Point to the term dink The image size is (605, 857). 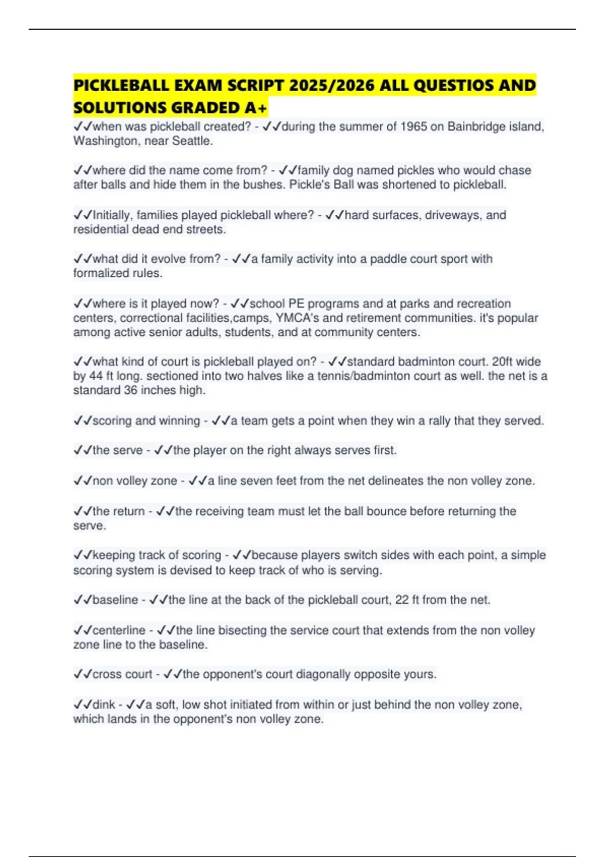click(104, 704)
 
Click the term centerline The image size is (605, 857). click(119, 630)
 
